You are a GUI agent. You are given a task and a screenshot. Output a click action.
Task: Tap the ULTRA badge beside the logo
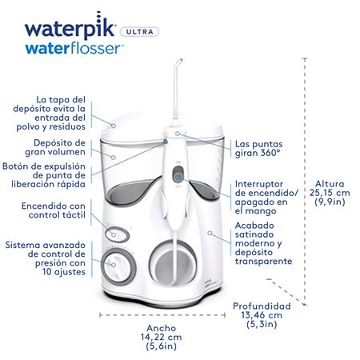coord(139,32)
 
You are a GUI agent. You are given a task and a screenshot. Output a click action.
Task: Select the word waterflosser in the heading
coord(74,49)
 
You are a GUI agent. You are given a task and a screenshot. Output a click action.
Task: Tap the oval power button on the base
coord(117,229)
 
